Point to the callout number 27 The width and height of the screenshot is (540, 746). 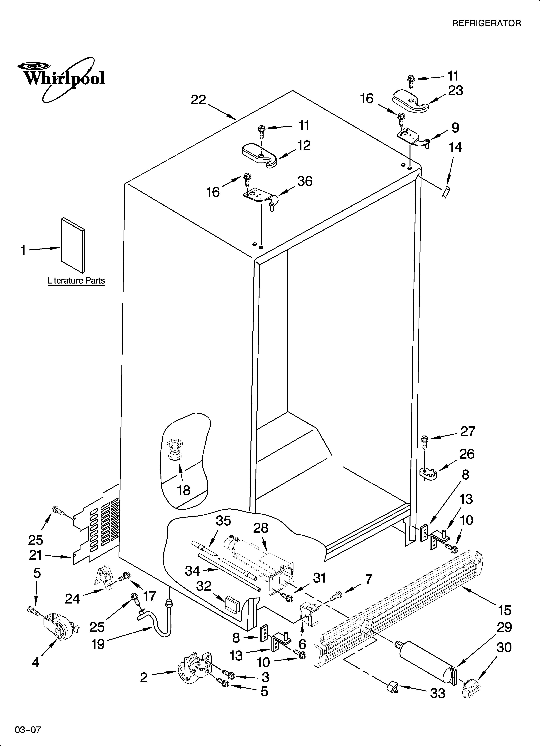coord(467,431)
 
